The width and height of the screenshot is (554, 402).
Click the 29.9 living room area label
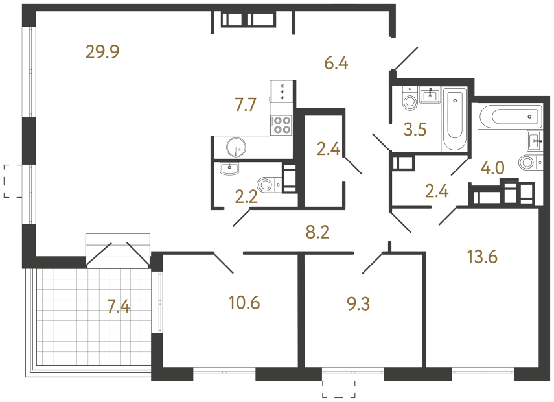pos(104,52)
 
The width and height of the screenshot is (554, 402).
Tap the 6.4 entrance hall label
pos(336,63)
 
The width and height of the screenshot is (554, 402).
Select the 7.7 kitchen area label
pos(246,104)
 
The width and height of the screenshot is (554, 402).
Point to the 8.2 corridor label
pos(317,232)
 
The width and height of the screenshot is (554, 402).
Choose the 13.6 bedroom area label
pos(481,257)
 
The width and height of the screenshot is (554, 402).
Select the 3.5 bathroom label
pos(415,130)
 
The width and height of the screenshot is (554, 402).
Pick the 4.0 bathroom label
pos(492,169)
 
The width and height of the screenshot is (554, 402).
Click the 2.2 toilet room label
pos(247,196)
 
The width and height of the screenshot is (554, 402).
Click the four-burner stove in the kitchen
pos(281,124)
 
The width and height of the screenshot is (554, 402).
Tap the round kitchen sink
pos(237,147)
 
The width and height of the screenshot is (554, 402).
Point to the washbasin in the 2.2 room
pos(230,169)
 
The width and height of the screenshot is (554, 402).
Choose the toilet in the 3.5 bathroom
pos(409,100)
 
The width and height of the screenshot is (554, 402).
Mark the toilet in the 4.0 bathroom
pos(528,162)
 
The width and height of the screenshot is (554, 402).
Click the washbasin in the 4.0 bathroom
pos(535,139)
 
